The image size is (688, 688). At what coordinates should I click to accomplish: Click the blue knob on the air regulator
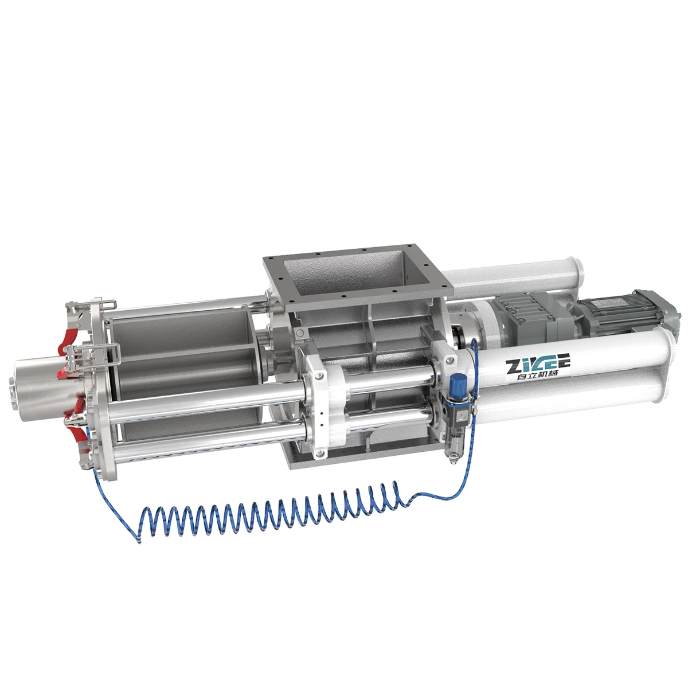pos(457,381)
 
